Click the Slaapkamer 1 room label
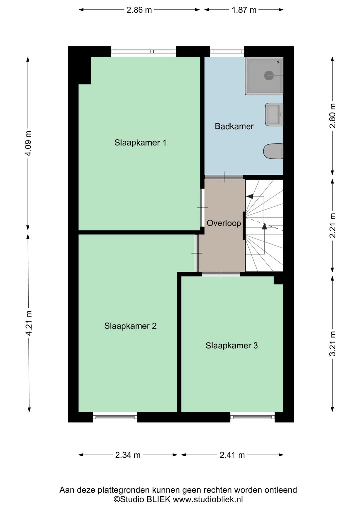coord(140,143)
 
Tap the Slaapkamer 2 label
coord(130,326)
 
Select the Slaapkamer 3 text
coord(232,346)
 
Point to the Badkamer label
coord(234,126)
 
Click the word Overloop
coord(224,223)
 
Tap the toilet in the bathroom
coord(273,151)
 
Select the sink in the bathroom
coord(274,114)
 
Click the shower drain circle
coord(269,75)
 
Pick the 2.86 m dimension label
coord(139,10)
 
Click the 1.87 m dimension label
coord(244,10)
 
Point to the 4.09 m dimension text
coord(29,143)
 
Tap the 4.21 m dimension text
coord(29,323)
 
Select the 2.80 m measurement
coord(333,116)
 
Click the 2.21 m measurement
coord(333,225)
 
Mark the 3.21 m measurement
coord(333,343)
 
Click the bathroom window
coord(227,51)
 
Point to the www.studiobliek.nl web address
coord(208,499)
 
